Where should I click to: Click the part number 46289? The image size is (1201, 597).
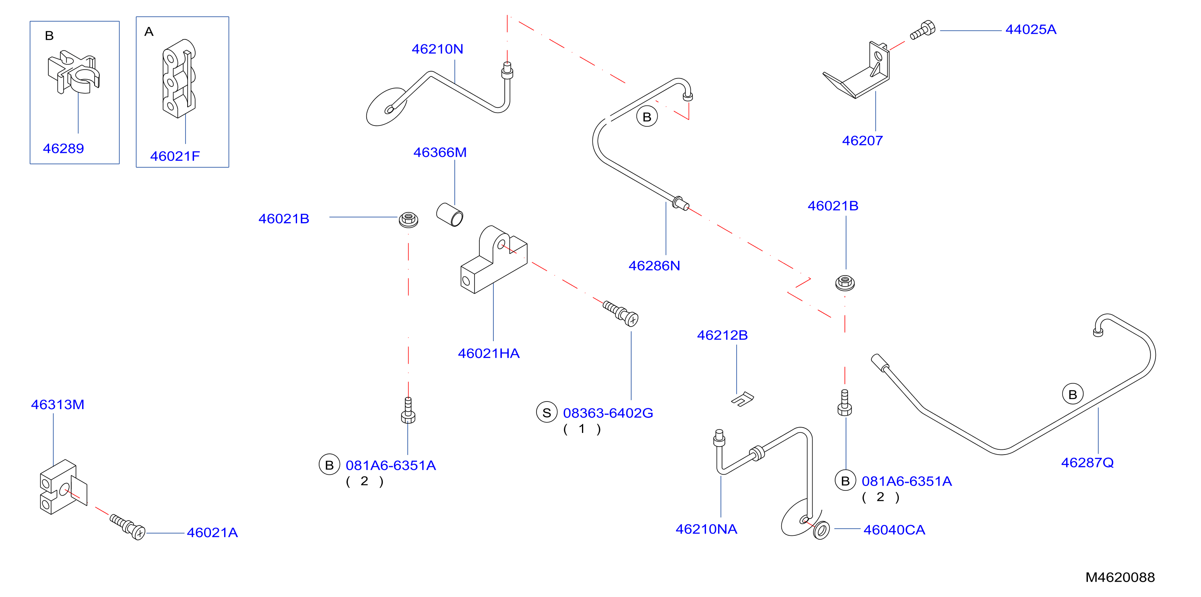(64, 149)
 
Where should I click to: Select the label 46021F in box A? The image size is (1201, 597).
(175, 156)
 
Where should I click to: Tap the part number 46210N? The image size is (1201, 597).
(437, 49)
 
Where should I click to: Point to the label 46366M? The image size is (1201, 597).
(440, 152)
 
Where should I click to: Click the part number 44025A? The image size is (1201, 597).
(1031, 29)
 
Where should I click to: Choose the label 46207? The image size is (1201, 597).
(862, 141)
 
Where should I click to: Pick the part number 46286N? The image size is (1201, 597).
(654, 266)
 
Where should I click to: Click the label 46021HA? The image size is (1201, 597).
(489, 353)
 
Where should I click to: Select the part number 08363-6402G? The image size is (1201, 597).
(608, 413)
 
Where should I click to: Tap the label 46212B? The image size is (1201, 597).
(722, 335)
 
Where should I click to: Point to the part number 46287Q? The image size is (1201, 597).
(1087, 463)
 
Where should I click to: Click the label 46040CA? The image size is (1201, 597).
(894, 530)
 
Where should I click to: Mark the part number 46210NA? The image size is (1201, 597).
(706, 529)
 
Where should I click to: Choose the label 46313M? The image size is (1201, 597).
(57, 405)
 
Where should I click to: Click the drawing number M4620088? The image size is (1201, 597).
(1120, 577)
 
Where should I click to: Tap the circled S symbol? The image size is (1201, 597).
(547, 412)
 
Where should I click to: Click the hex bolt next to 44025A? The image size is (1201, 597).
(922, 30)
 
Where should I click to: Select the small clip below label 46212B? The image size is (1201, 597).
(742, 399)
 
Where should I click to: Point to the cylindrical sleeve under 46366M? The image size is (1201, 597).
(450, 215)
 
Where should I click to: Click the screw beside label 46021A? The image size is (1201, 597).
(127, 527)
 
